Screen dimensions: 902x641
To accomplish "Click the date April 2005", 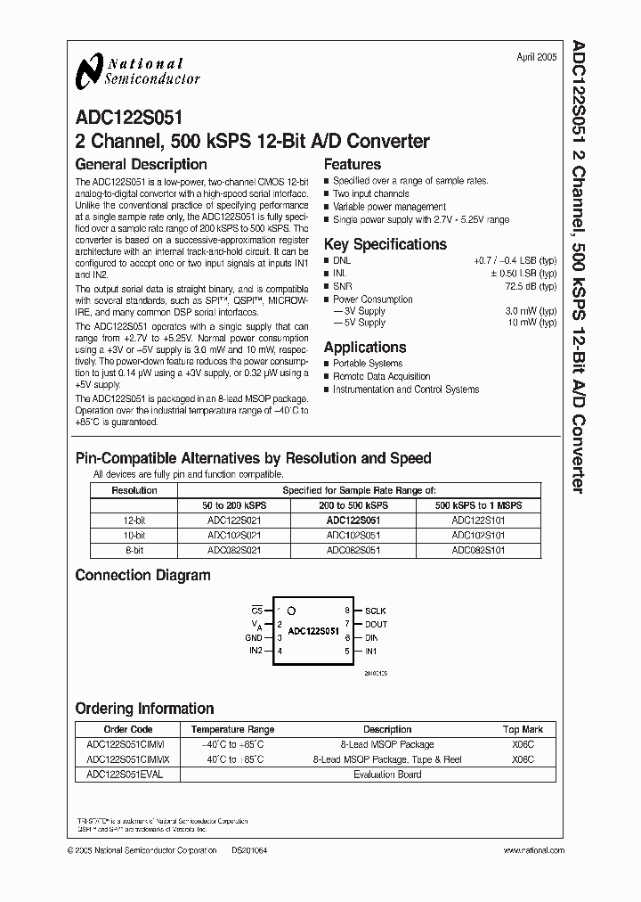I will (536, 57).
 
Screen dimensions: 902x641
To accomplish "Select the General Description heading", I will (141, 165).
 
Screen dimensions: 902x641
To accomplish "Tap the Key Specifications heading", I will (385, 244).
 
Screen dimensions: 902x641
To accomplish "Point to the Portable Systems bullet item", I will (368, 364).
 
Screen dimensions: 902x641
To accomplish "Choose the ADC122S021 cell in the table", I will (234, 520).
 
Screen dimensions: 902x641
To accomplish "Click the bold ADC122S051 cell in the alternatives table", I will (353, 520).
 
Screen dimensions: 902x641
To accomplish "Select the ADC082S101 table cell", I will (478, 550).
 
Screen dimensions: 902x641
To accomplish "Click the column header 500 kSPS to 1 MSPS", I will (478, 504).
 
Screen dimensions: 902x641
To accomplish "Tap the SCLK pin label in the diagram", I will (375, 611).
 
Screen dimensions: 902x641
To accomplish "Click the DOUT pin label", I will (375, 624).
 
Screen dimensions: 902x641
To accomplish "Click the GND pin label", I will (254, 638).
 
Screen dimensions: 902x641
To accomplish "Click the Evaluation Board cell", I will (387, 775).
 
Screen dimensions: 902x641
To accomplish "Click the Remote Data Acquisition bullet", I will (381, 376).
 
